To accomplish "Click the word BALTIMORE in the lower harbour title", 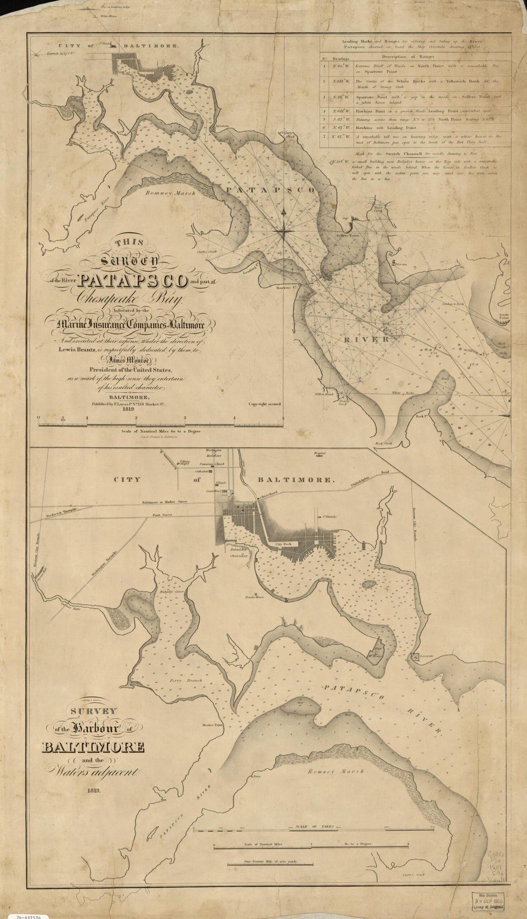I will tap(92, 747).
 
